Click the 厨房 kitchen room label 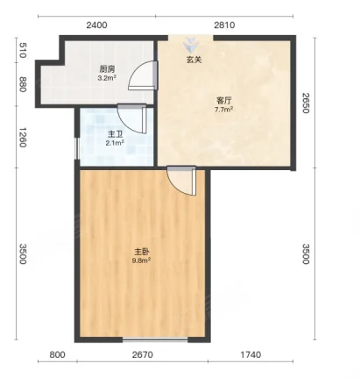[x=107, y=69]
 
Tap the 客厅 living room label [x=224, y=101]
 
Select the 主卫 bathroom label [x=115, y=134]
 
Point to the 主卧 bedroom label [x=142, y=252]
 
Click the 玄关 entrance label [x=194, y=60]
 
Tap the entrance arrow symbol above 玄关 [x=191, y=46]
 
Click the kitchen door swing [x=143, y=75]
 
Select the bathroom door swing [x=131, y=118]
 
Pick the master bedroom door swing [x=181, y=181]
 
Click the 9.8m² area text [x=141, y=260]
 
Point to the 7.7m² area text [x=223, y=110]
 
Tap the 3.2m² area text [x=107, y=78]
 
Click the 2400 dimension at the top [x=96, y=25]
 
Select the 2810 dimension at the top [x=224, y=25]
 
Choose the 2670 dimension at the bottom [x=142, y=355]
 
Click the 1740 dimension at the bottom [x=251, y=355]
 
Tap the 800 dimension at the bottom [x=57, y=355]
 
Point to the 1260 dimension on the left [x=23, y=137]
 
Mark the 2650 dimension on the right [x=306, y=103]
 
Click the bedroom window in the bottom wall [x=155, y=339]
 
